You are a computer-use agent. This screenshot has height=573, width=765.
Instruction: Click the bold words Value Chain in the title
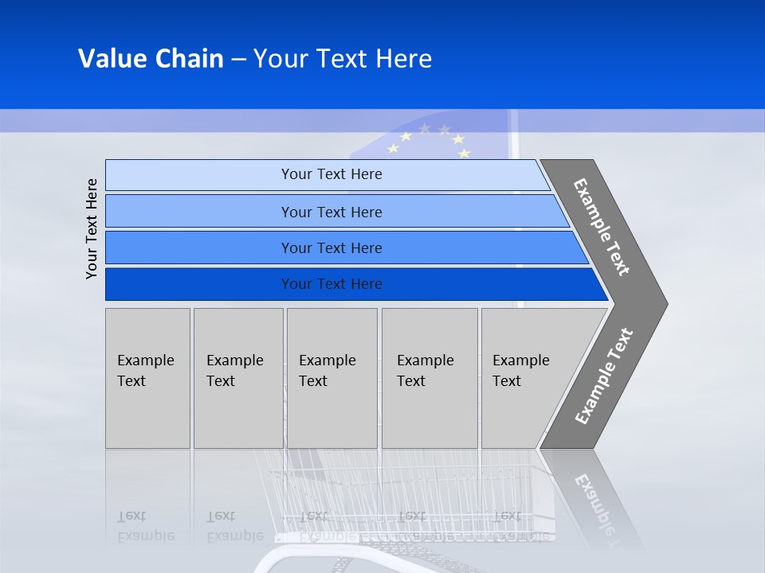coord(151,59)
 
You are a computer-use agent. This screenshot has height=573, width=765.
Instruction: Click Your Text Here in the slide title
coord(343,59)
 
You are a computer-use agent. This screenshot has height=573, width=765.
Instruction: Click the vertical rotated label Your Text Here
coord(92,229)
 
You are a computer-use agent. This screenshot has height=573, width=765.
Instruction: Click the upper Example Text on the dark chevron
coord(602,227)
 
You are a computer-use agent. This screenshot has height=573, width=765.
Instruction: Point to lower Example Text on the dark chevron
coord(603,376)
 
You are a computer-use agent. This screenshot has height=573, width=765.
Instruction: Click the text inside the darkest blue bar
coord(331,284)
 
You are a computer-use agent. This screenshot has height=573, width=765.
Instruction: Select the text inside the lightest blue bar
coord(331,174)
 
